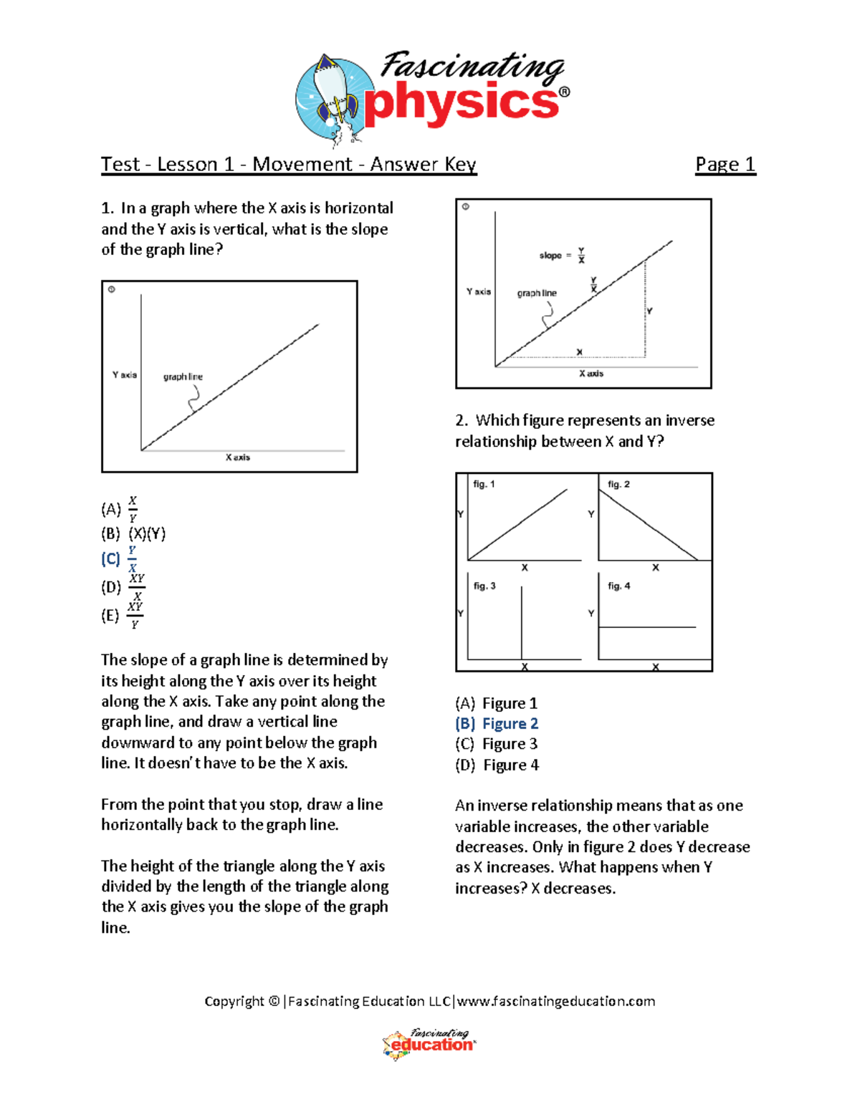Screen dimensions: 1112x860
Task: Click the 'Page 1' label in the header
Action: pyautogui.click(x=725, y=165)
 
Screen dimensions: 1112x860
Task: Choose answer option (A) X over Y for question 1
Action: pyautogui.click(x=120, y=509)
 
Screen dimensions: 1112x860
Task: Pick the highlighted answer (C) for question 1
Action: pyautogui.click(x=119, y=559)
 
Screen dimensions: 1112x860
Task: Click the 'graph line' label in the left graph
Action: pyautogui.click(x=183, y=377)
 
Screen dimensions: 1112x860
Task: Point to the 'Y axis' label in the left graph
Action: pyautogui.click(x=124, y=374)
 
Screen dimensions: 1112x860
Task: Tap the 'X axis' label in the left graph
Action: pyautogui.click(x=238, y=457)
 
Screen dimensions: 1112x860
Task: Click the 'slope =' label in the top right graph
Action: pyautogui.click(x=555, y=256)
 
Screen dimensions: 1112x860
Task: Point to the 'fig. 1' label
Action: pyautogui.click(x=484, y=484)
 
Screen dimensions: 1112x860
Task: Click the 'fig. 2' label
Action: pyautogui.click(x=618, y=484)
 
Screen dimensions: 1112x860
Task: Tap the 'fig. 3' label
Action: pyautogui.click(x=484, y=586)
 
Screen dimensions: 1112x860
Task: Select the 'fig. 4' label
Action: pyautogui.click(x=619, y=586)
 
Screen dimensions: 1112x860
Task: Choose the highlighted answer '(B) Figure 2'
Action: pyautogui.click(x=497, y=724)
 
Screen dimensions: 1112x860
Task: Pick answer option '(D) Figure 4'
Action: pyautogui.click(x=497, y=765)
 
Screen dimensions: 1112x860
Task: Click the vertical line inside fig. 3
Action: pyautogui.click(x=522, y=622)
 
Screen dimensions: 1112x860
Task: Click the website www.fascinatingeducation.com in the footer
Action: pyautogui.click(x=556, y=1001)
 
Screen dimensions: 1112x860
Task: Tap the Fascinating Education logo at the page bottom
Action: pyautogui.click(x=429, y=1044)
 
